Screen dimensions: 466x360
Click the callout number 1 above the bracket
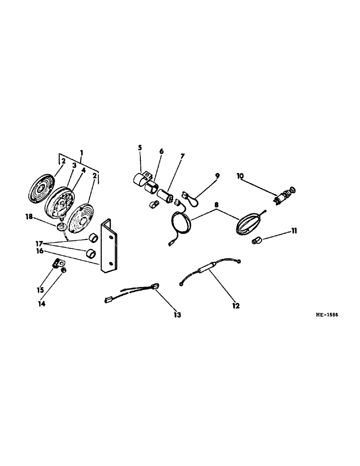pos(82,152)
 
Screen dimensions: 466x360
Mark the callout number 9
pos(216,177)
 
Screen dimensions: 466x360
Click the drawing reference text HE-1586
pos(326,315)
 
